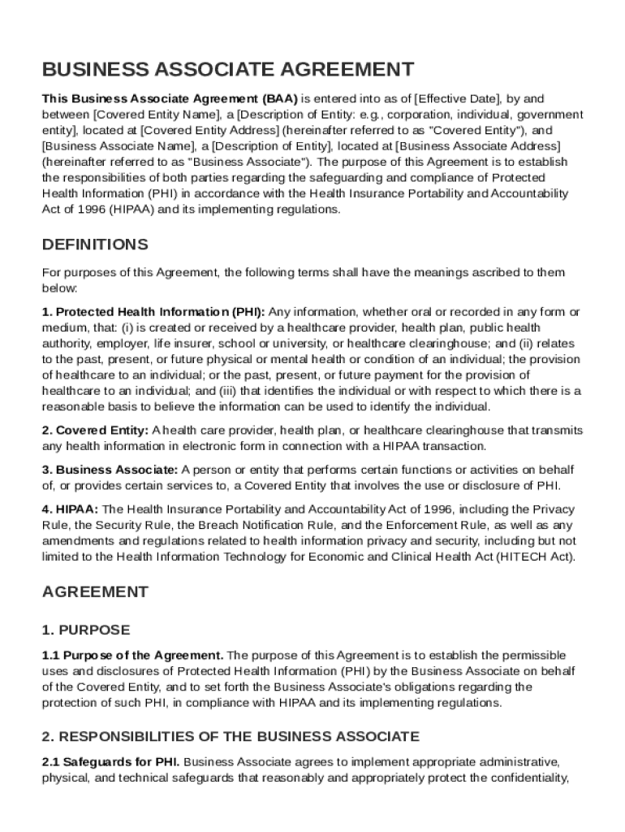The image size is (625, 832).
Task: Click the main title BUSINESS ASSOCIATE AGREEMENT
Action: click(228, 69)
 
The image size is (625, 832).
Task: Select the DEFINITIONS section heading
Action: click(95, 245)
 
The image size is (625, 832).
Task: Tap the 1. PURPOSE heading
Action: click(85, 630)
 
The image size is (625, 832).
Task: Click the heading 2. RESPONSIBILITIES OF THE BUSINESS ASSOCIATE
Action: click(231, 736)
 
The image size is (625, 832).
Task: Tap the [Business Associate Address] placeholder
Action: click(477, 145)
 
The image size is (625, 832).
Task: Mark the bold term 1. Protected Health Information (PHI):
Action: click(153, 312)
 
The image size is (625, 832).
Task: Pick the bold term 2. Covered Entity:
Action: click(95, 431)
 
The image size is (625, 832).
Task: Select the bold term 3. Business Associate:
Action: click(110, 470)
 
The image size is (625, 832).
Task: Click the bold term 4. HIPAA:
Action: click(70, 509)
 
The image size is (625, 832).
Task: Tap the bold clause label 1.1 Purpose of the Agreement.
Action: click(132, 655)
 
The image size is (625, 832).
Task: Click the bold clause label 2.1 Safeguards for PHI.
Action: click(110, 762)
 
